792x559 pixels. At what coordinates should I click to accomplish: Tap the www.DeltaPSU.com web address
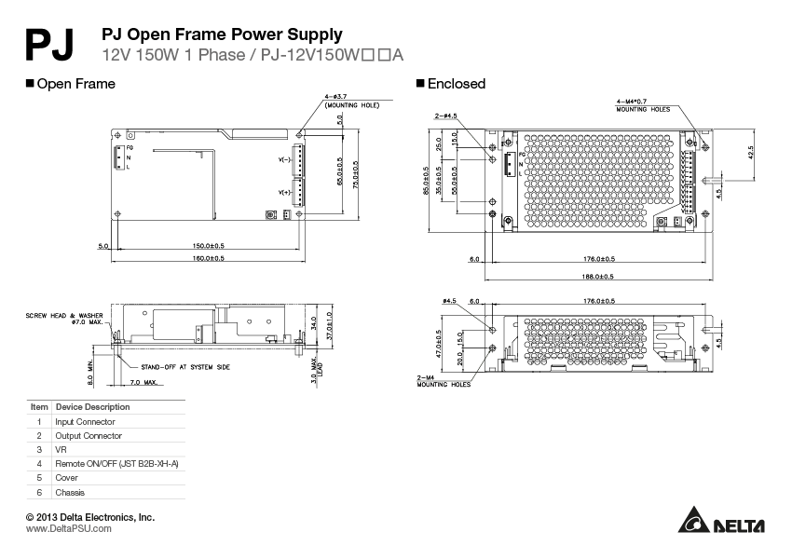click(x=69, y=528)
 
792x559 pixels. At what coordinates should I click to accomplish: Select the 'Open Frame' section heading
click(x=75, y=84)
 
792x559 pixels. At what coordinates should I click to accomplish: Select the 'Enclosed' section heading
click(x=456, y=84)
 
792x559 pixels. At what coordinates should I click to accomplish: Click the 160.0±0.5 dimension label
click(x=209, y=258)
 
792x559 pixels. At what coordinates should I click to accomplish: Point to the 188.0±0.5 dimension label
click(x=597, y=276)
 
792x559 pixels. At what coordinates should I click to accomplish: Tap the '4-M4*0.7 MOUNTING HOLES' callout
click(x=643, y=105)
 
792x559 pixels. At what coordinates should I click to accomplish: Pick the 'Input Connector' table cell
click(x=86, y=421)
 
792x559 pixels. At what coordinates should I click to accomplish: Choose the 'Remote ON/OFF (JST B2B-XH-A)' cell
click(x=116, y=463)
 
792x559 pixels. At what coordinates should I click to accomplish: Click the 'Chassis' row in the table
click(x=71, y=492)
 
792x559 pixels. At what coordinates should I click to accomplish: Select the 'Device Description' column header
click(x=93, y=407)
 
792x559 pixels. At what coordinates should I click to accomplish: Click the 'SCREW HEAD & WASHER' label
click(x=64, y=316)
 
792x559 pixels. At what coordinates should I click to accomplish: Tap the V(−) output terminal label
click(x=284, y=160)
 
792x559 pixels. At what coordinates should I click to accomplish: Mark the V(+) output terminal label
click(x=284, y=192)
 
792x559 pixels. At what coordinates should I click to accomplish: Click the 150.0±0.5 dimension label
click(x=209, y=246)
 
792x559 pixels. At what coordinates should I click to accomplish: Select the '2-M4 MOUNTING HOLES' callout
click(x=439, y=381)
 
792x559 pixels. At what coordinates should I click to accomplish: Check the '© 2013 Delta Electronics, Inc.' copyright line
click(x=90, y=516)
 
